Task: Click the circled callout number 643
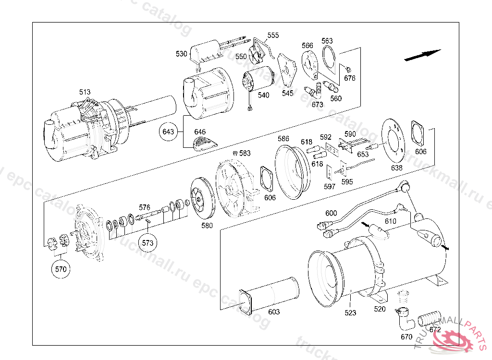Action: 168,131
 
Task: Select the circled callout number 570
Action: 61,269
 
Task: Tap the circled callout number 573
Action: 148,243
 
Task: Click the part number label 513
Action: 85,92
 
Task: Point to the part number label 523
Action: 350,313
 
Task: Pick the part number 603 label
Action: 273,312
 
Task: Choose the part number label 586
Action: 283,139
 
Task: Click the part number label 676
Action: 350,78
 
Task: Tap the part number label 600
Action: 331,213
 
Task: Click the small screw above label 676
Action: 348,68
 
